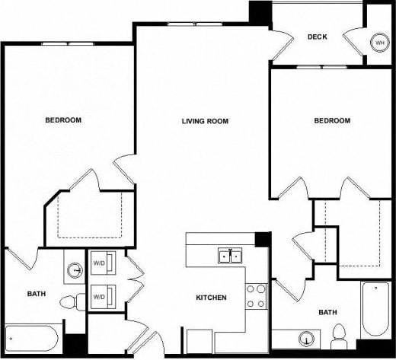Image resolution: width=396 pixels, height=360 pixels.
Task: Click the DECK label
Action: [x=317, y=37]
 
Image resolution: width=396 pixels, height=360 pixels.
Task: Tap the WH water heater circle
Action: [x=378, y=43]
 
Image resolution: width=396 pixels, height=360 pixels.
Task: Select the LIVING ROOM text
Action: [x=205, y=121]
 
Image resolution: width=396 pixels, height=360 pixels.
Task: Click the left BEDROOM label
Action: [x=63, y=120]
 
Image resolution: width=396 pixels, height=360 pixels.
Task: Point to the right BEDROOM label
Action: [x=332, y=121]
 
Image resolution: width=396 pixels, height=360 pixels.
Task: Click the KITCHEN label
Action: [x=211, y=297]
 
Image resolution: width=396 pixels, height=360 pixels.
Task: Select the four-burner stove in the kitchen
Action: [x=255, y=295]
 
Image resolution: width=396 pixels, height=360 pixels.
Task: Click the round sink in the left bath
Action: [x=75, y=269]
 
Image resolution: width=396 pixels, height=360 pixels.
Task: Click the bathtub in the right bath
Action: [x=375, y=307]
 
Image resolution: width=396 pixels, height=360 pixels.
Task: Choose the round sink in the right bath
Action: [x=307, y=339]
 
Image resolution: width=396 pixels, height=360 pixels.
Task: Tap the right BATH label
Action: [x=327, y=312]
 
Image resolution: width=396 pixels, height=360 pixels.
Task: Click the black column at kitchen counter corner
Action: [x=262, y=239]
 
